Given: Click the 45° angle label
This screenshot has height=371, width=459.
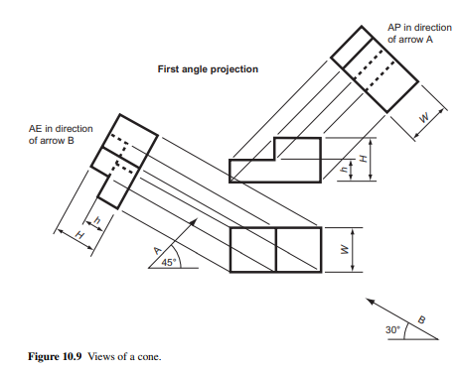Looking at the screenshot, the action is (x=168, y=262).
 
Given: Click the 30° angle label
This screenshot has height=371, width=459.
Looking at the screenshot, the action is (x=392, y=330).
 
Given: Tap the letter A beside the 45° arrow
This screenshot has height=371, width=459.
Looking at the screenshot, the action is (x=158, y=251).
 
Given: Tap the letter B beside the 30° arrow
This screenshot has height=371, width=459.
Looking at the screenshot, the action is (x=421, y=319).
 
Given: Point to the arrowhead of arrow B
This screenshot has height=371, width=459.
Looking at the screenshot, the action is (x=370, y=301).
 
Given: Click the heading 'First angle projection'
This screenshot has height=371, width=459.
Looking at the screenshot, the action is (x=208, y=69).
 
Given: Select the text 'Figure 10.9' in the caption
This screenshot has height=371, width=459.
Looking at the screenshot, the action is (x=55, y=356).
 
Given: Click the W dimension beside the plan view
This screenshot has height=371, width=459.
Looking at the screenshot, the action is (x=344, y=250).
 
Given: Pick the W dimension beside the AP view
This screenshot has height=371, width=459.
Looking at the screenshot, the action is (x=423, y=117).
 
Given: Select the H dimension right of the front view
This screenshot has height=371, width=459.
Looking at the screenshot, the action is (x=364, y=159).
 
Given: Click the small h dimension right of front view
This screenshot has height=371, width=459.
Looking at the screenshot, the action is (x=344, y=170).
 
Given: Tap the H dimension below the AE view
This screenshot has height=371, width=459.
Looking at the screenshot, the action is (x=79, y=235).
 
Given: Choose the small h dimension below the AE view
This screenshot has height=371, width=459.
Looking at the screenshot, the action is (x=97, y=220).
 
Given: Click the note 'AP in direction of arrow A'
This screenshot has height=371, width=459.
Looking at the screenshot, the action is (x=419, y=34).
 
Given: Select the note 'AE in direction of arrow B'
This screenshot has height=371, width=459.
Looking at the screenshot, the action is (x=61, y=135).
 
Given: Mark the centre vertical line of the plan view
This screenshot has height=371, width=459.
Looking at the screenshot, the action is (x=275, y=250).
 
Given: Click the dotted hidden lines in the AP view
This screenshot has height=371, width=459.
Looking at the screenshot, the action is (x=375, y=69).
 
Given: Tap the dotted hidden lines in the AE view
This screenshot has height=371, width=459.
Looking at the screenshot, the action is (x=123, y=154).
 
